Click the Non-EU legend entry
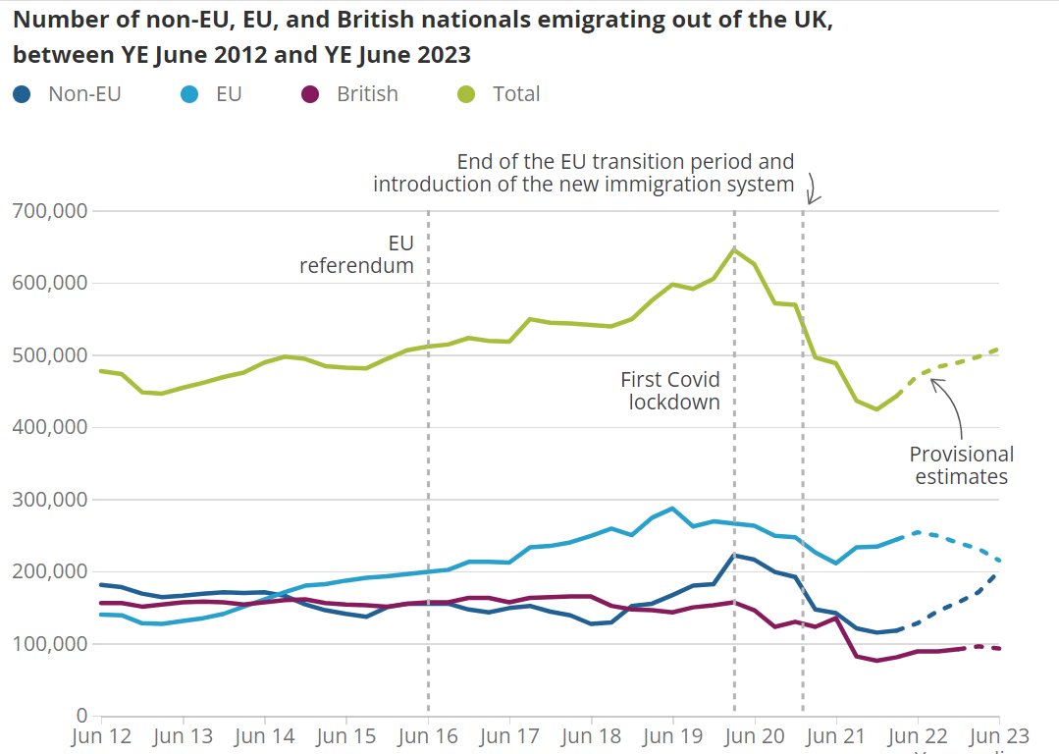68,94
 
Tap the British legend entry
350,94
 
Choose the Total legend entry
500,94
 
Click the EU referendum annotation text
357,254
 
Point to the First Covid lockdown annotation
671,391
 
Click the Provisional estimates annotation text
962,465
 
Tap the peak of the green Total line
733,249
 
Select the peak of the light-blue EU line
672,509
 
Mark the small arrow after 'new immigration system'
813,188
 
